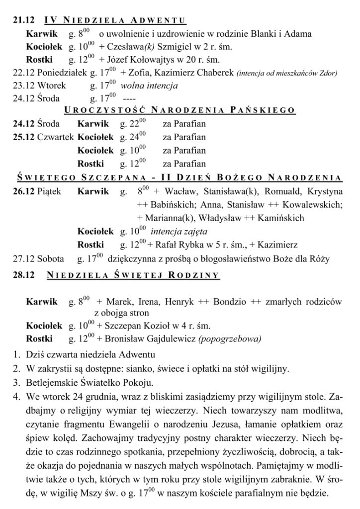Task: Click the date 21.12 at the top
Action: click(23, 21)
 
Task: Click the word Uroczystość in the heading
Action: click(93, 110)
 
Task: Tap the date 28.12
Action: click(23, 275)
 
